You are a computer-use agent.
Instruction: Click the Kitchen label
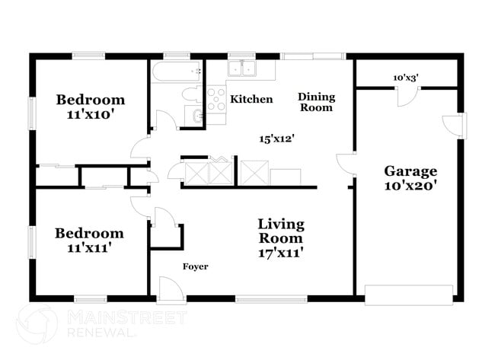pos(251,99)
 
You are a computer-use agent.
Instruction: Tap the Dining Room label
pos(316,102)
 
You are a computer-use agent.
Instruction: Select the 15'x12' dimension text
pos(276,139)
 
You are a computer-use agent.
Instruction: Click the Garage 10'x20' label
pos(410,177)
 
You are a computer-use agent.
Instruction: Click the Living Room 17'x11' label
pos(280,238)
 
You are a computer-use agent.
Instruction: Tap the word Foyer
pos(195,266)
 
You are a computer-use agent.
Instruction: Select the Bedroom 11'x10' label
pos(90,107)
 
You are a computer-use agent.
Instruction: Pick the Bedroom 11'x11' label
pos(88,240)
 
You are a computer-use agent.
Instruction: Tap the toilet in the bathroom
pos(189,94)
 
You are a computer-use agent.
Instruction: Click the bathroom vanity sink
pos(196,116)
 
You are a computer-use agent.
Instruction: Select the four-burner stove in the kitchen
pos(216,100)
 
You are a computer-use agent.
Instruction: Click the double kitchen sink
pos(244,69)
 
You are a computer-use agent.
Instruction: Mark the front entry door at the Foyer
pos(168,289)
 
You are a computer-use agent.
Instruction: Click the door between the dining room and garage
pos(345,164)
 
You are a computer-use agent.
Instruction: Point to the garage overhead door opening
pos(409,293)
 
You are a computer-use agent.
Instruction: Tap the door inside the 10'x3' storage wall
pos(407,96)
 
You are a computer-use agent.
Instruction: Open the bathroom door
pos(162,120)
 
